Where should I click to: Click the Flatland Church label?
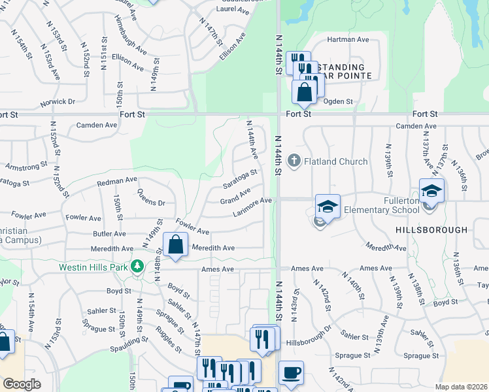(335, 161)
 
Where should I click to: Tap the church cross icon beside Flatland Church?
(294, 160)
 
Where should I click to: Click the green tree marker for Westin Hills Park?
(137, 267)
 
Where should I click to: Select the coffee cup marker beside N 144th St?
(291, 374)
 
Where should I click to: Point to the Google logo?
(22, 384)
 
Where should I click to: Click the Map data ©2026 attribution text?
(461, 387)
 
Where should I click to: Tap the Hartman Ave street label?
(348, 40)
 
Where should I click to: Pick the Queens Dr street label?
(151, 197)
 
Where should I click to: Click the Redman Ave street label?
(117, 180)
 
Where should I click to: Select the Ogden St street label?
(338, 102)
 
